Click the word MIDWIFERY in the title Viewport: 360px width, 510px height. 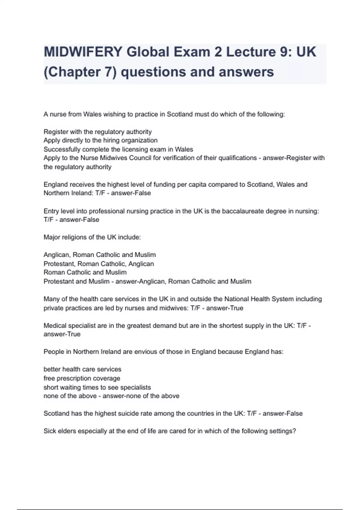click(83, 52)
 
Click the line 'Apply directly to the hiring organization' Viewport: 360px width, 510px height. click(100, 140)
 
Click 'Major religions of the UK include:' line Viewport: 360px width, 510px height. click(92, 237)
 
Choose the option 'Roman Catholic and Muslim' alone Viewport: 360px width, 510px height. click(85, 272)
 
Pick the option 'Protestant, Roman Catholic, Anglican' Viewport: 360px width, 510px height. click(99, 264)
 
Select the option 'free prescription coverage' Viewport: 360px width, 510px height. click(82, 378)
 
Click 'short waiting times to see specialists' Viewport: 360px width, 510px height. click(97, 387)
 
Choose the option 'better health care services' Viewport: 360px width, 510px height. click(82, 369)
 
